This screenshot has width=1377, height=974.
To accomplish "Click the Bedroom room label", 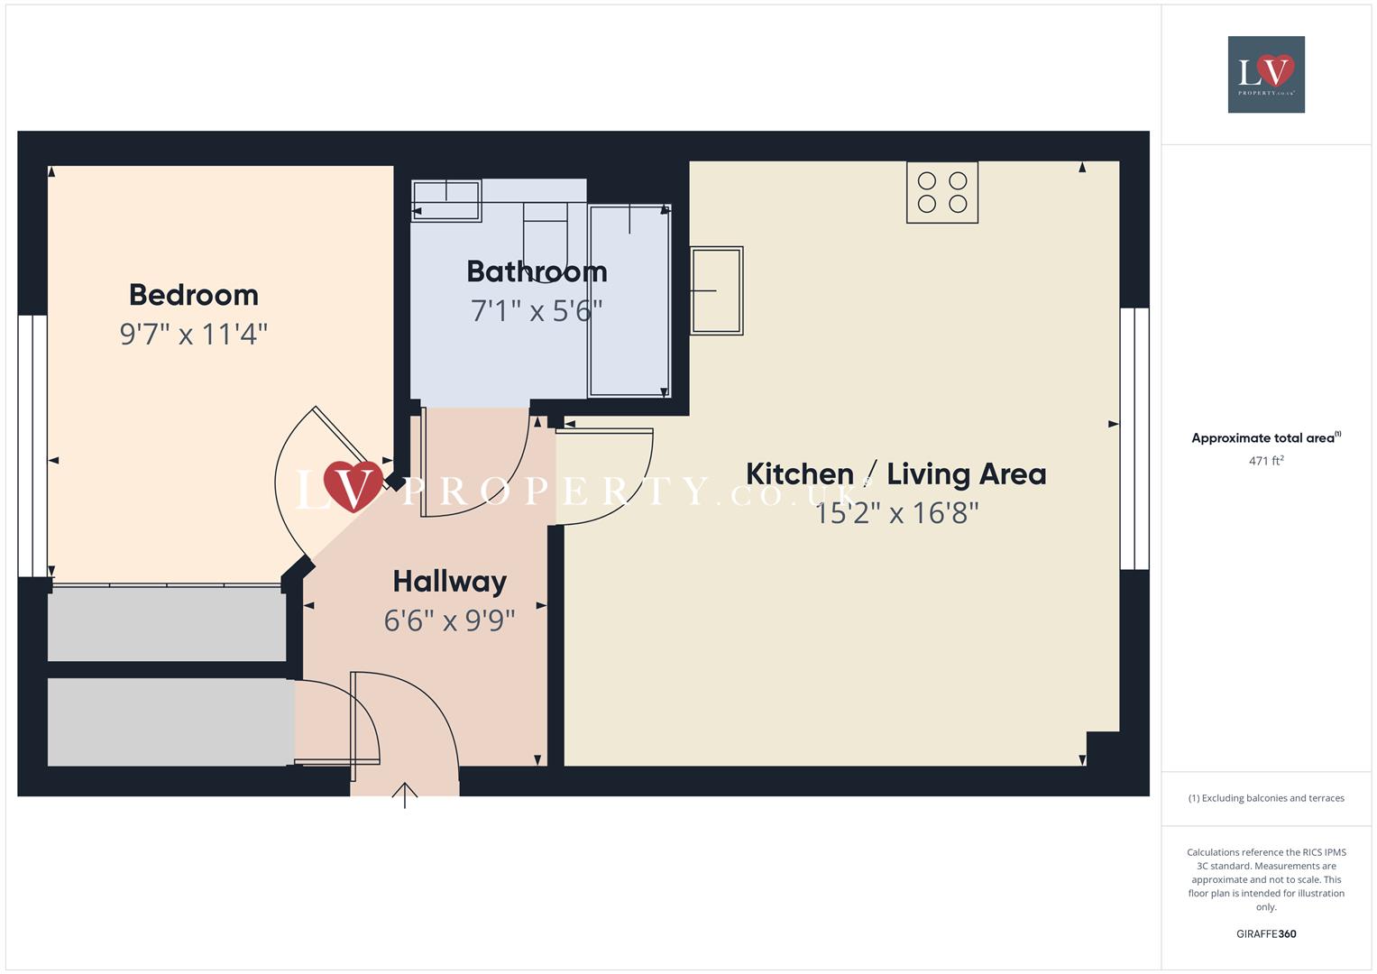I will [193, 295].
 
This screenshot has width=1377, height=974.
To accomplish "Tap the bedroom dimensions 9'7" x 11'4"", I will [193, 335].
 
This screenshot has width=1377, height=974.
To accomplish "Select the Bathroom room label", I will [537, 271].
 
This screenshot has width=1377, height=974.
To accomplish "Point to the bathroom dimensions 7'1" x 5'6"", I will [537, 311].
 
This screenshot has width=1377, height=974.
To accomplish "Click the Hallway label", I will [449, 582].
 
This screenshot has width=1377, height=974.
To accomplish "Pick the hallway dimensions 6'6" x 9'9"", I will [449, 620].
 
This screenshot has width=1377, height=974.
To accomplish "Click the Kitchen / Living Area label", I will [895, 474].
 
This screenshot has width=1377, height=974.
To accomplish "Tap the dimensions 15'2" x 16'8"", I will [896, 513].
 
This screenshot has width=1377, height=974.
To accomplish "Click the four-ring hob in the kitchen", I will [941, 192].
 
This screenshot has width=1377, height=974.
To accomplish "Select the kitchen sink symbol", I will [717, 290].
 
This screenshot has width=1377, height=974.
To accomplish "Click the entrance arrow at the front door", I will [405, 795].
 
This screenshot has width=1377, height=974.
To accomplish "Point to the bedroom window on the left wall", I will [32, 446].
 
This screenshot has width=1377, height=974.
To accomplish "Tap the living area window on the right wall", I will [1134, 438].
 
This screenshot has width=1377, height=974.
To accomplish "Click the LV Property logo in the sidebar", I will [1266, 74].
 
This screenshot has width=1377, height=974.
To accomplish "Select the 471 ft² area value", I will [1266, 461].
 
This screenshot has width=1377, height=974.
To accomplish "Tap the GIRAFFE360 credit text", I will [1266, 933].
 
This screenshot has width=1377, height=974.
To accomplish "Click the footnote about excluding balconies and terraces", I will [1266, 798].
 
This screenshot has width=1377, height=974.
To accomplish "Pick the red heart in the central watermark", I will [352, 484].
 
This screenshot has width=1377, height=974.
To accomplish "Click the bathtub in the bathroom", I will [629, 301].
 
